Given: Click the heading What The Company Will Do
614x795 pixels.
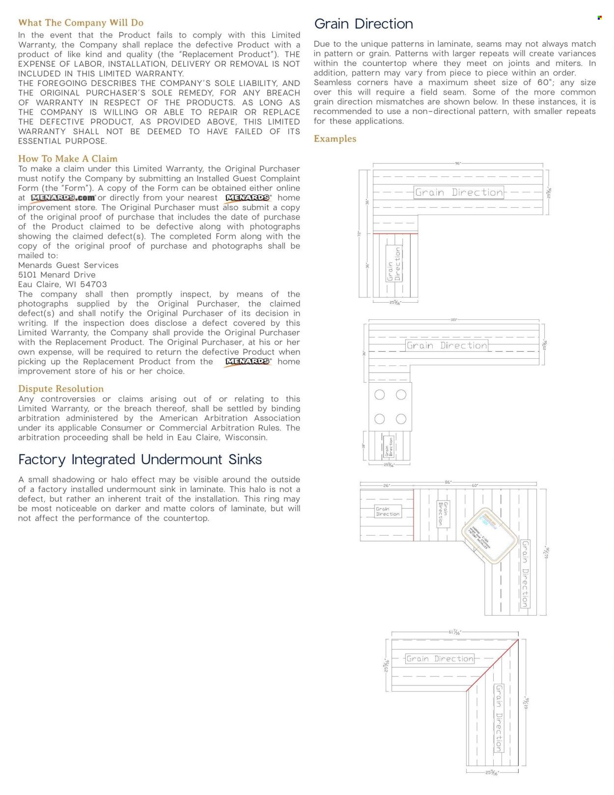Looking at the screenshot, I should coord(81,23).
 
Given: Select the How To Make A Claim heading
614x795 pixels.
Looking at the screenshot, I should coord(68,159).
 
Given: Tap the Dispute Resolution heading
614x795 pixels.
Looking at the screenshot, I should coord(61,389).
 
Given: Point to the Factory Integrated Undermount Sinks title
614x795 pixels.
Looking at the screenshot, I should coord(140,459).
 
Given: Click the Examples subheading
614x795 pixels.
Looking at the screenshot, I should coord(335,139).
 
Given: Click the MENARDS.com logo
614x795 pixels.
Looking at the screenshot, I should coord(63,198).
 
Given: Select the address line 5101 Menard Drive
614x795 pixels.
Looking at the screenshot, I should coord(57,275).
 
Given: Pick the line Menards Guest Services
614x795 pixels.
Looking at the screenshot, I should coord(68,265).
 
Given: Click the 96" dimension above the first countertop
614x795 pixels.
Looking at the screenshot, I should coord(458,163).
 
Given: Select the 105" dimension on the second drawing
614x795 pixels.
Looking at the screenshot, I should coord(453,320).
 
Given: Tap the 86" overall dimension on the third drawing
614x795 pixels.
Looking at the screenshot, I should coord(448,483).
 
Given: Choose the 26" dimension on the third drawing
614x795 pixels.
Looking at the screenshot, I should coord(387,486).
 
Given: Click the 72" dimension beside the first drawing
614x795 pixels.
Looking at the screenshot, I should coord(360,234).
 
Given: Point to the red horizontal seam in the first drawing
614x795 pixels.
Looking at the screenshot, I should coord(395,233).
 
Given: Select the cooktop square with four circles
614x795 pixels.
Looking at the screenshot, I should coord(390,407).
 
